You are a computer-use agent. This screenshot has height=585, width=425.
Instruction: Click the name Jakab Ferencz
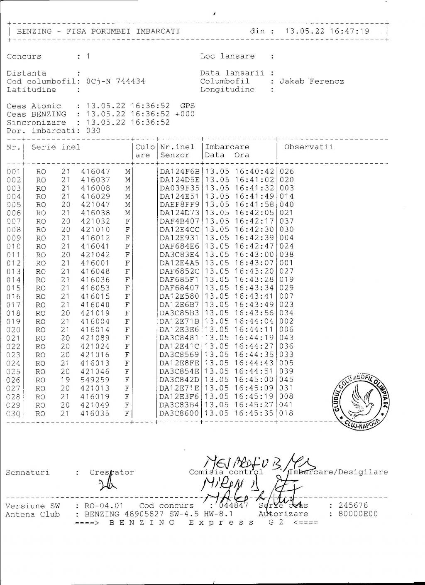(312, 81)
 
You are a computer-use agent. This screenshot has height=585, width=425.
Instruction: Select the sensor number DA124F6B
(179, 172)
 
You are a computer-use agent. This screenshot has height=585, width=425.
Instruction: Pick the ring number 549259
(95, 380)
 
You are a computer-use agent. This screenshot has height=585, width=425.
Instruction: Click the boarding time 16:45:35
(254, 413)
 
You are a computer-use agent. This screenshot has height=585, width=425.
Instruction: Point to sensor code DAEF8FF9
(179, 205)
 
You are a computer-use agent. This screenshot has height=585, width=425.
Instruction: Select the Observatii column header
(308, 147)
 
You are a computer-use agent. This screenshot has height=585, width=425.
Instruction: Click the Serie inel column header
(56, 147)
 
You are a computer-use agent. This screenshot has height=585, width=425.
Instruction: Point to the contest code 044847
(234, 506)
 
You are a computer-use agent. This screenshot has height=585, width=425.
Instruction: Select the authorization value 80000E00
(358, 514)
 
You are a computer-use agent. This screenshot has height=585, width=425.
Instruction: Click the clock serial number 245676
(354, 506)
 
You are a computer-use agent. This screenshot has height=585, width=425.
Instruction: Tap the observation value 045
(286, 380)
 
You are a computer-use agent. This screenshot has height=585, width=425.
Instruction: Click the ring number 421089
(95, 338)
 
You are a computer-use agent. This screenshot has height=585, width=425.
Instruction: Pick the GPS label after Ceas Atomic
(188, 106)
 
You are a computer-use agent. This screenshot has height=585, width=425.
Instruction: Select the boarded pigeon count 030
(93, 131)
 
